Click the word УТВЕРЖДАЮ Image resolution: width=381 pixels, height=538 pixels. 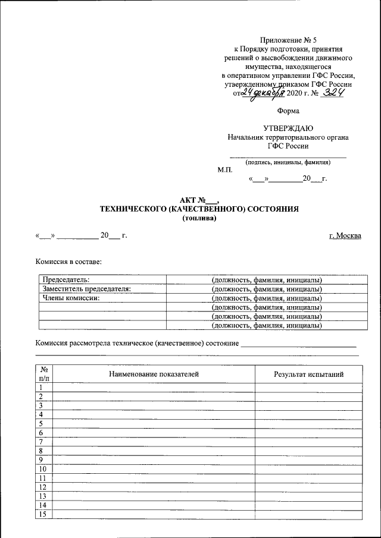pos(288,128)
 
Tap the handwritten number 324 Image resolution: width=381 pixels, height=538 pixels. pos(333,93)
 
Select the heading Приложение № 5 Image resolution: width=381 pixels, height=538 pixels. pos(288,39)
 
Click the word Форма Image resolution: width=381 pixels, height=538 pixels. pos(288,111)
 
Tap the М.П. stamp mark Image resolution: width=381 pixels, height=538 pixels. pos(224,169)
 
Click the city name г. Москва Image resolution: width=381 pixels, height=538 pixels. pos(345,236)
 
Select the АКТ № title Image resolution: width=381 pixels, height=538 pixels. pos(199,200)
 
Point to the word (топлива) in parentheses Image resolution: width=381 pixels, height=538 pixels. pos(199,218)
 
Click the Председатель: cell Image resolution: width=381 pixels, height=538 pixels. pos(66,279)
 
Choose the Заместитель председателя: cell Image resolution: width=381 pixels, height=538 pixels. pos(86,289)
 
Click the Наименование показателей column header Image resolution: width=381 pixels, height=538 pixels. pos(154,374)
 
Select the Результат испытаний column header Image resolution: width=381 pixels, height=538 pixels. pos(308,374)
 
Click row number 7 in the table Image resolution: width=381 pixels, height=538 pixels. pos(42,442)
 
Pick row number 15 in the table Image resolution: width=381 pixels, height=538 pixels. pos(42,514)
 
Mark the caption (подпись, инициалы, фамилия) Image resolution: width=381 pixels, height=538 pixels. pos(288,162)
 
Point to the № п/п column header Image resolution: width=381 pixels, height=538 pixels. pos(44,374)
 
